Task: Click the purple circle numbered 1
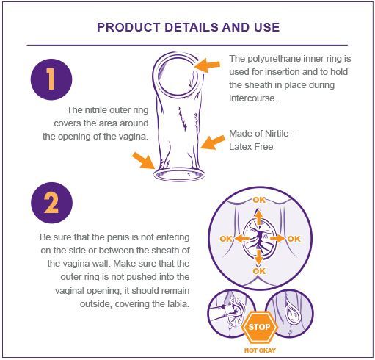click(51, 79)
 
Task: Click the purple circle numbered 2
click(51, 203)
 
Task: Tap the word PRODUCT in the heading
click(128, 27)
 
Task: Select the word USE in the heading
click(267, 27)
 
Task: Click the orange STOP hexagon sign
click(260, 327)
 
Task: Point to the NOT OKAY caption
click(260, 350)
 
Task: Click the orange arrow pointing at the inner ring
click(207, 65)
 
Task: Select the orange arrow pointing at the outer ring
click(143, 160)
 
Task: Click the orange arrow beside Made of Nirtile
click(212, 143)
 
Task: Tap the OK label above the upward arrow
click(259, 200)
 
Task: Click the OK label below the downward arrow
click(259, 271)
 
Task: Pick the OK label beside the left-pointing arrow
click(226, 239)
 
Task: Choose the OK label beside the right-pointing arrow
click(294, 239)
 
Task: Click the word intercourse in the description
click(252, 98)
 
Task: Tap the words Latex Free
click(251, 147)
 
